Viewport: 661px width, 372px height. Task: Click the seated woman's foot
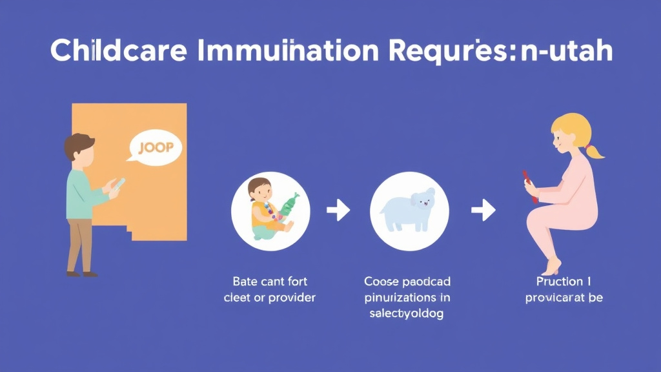tap(553, 266)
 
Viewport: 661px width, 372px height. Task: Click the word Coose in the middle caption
tap(381, 282)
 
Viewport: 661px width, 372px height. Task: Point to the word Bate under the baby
tap(245, 282)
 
